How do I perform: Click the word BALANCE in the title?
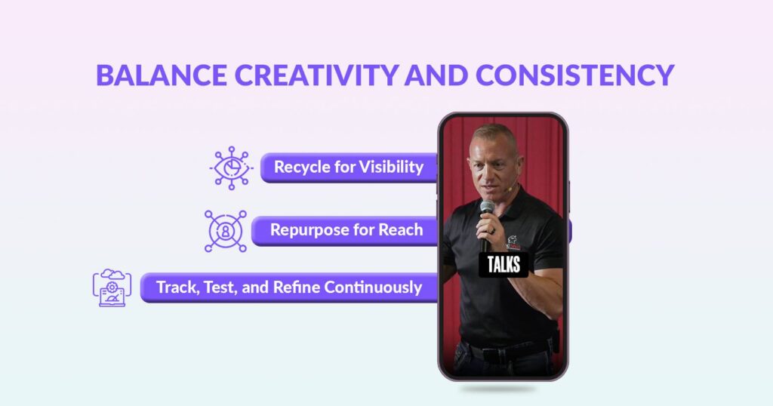(162, 75)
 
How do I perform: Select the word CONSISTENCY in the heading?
(574, 75)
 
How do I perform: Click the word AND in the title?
(437, 75)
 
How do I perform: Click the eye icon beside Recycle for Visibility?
(231, 168)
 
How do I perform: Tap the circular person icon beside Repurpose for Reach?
(226, 231)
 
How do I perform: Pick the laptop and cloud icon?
(112, 288)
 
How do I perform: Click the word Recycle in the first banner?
(302, 168)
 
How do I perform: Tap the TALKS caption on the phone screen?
(504, 265)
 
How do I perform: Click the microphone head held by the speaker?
(487, 208)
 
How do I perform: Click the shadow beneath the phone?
(498, 389)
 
